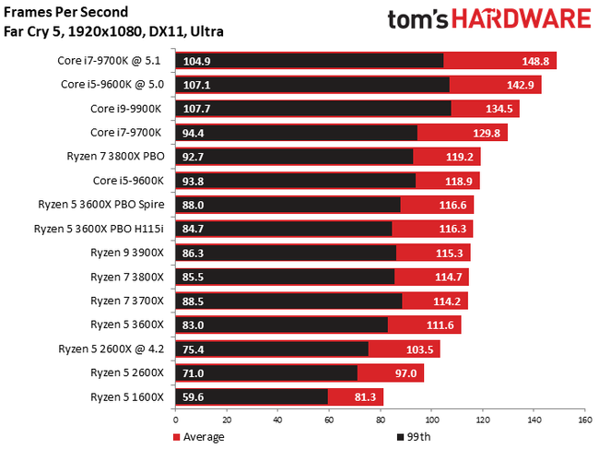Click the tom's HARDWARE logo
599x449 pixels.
tap(487, 21)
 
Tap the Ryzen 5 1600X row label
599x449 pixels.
tap(126, 396)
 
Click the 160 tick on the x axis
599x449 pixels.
tap(582, 419)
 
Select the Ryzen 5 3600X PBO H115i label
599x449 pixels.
tap(99, 229)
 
